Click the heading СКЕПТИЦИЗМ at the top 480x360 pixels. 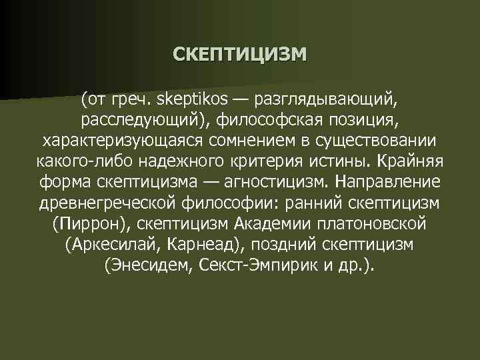point(240,53)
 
